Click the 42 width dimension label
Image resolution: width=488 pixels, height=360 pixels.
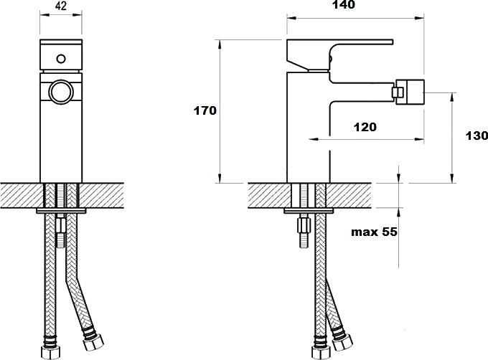[x=61, y=6]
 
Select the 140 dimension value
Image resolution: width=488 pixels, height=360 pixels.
[x=343, y=5]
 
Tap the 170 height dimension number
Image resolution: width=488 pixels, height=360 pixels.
[x=205, y=110]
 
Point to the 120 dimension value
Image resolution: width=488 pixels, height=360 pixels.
[x=365, y=127]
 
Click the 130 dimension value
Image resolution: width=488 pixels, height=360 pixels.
[x=477, y=136]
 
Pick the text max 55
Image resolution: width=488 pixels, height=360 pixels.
[x=374, y=232]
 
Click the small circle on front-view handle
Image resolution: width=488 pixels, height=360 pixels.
[x=61, y=58]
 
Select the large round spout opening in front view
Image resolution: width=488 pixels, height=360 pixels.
[x=61, y=93]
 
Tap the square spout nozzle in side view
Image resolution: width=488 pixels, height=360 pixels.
[x=408, y=93]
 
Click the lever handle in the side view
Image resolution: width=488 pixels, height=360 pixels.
[x=339, y=54]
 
